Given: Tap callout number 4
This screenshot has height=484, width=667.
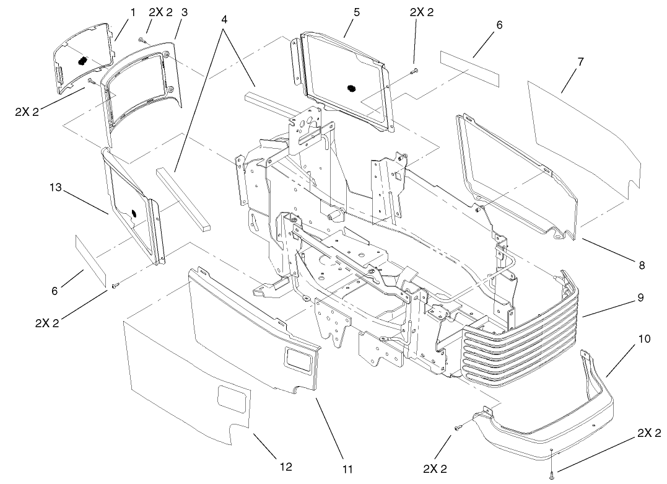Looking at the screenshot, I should point(224,19).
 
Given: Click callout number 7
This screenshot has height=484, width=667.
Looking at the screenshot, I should point(580,62).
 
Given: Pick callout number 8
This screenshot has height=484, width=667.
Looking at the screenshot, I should point(642,265).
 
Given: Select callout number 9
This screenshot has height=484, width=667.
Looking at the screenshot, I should point(640,297).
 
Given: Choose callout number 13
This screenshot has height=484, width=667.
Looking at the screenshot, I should point(56,187).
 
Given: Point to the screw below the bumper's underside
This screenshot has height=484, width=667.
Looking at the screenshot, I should point(551,475).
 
